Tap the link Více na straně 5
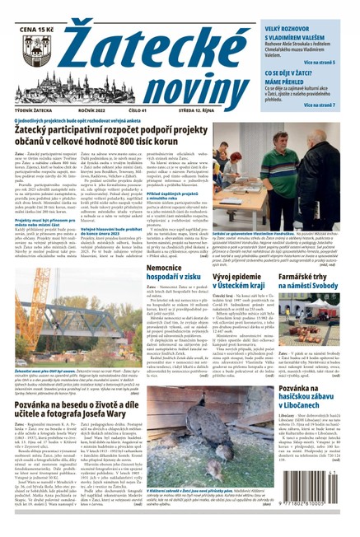tap(328, 63)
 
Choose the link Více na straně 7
tap(328, 105)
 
